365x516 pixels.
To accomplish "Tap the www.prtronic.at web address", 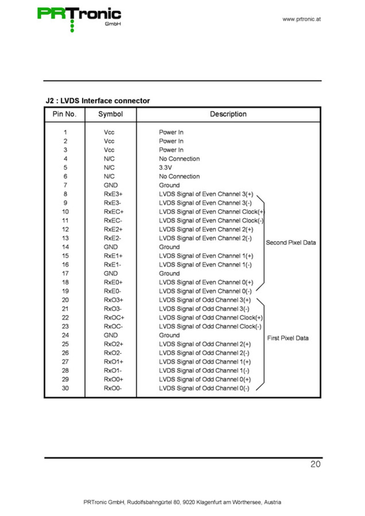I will tap(301, 19).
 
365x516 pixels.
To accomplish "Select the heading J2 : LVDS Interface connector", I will tap(98, 101).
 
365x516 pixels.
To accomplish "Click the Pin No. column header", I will tap(64, 114).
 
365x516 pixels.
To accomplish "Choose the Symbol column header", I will tap(110, 114).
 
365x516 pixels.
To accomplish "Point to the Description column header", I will tap(228, 114).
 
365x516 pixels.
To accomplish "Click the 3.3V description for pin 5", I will tap(165, 167).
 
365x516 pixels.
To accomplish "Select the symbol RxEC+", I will tap(114, 212).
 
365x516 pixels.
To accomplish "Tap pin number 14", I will tap(65, 247).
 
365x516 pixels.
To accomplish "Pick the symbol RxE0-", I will tap(112, 291).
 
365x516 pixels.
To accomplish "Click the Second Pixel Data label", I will tap(291, 243).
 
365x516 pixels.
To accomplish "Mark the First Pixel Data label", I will tap(288, 338).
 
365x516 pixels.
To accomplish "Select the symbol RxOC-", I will tap(113, 326).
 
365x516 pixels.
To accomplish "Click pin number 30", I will tap(65, 388).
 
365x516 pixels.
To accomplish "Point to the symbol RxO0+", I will tap(113, 380).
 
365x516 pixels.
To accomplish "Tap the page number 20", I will tap(315, 464).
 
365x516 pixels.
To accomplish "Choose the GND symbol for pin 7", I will tap(111, 185).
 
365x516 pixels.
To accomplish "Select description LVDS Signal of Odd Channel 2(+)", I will tap(205, 344).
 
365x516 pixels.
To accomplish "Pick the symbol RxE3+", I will tap(113, 194).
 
